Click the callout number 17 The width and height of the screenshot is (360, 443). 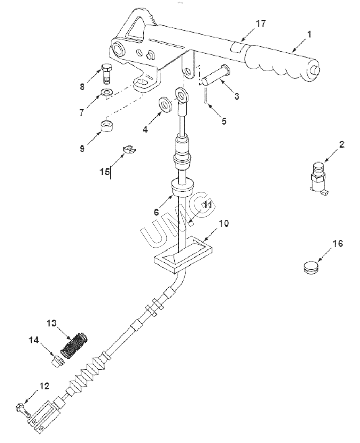261,24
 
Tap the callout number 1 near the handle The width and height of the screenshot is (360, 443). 309,35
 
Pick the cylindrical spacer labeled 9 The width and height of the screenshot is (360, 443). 107,127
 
